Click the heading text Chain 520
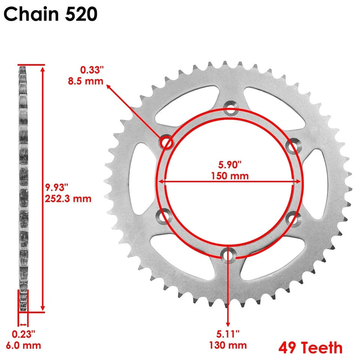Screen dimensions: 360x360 (51, 14)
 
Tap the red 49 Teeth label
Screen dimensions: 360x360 (310, 348)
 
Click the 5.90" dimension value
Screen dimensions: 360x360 (229, 164)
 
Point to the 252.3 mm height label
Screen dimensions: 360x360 (68, 198)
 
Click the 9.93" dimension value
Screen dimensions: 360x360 (57, 187)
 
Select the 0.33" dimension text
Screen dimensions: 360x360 (91, 69)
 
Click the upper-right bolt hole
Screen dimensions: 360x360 (292, 146)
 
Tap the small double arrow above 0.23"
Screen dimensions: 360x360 (23, 324)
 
